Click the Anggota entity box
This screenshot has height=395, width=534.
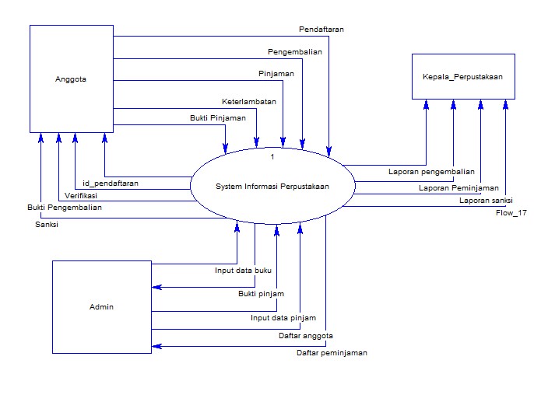click(71, 78)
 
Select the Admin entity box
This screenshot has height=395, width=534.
click(101, 306)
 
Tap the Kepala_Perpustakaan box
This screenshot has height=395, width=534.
click(462, 76)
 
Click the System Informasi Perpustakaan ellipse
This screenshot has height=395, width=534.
click(272, 186)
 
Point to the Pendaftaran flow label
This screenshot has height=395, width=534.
click(321, 29)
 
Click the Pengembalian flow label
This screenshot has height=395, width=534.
click(294, 52)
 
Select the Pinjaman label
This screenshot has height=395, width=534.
click(276, 73)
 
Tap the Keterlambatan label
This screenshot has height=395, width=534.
click(248, 101)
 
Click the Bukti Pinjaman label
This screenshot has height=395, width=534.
click(218, 118)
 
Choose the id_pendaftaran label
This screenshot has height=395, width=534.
click(111, 184)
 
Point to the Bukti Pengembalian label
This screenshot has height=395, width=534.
click(64, 208)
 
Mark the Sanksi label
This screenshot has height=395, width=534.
click(47, 224)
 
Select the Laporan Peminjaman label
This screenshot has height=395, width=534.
click(458, 187)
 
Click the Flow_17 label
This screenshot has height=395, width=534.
click(511, 212)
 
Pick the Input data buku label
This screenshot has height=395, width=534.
click(243, 271)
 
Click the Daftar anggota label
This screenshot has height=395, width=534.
click(306, 336)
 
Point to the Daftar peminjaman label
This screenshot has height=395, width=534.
click(332, 352)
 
